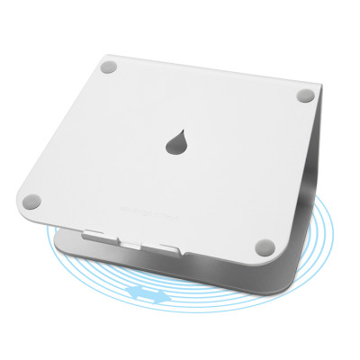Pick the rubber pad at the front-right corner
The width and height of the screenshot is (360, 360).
pyautogui.click(x=267, y=242)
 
